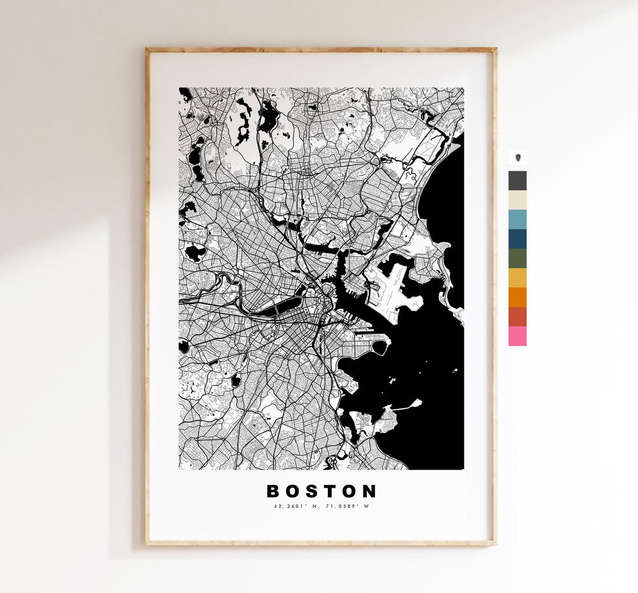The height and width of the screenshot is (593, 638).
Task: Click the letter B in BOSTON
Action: point(273,491)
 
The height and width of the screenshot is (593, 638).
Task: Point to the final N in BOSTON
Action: point(369,491)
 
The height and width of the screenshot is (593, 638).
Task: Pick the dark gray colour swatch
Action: point(517,180)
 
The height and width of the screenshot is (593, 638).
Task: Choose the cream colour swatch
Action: point(517,200)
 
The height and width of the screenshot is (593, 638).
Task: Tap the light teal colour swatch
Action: point(517,219)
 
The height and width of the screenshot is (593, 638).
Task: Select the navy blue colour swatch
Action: point(517,239)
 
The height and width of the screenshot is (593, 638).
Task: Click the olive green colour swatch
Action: point(517,258)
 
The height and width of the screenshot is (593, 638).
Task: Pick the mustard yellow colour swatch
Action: point(517,278)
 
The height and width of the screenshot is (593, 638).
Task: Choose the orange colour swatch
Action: point(517,297)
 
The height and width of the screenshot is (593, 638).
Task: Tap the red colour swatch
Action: point(517,317)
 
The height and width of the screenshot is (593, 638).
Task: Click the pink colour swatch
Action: point(517,336)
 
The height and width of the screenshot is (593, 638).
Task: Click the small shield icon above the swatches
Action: point(517,158)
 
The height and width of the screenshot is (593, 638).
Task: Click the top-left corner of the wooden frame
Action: point(148,50)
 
